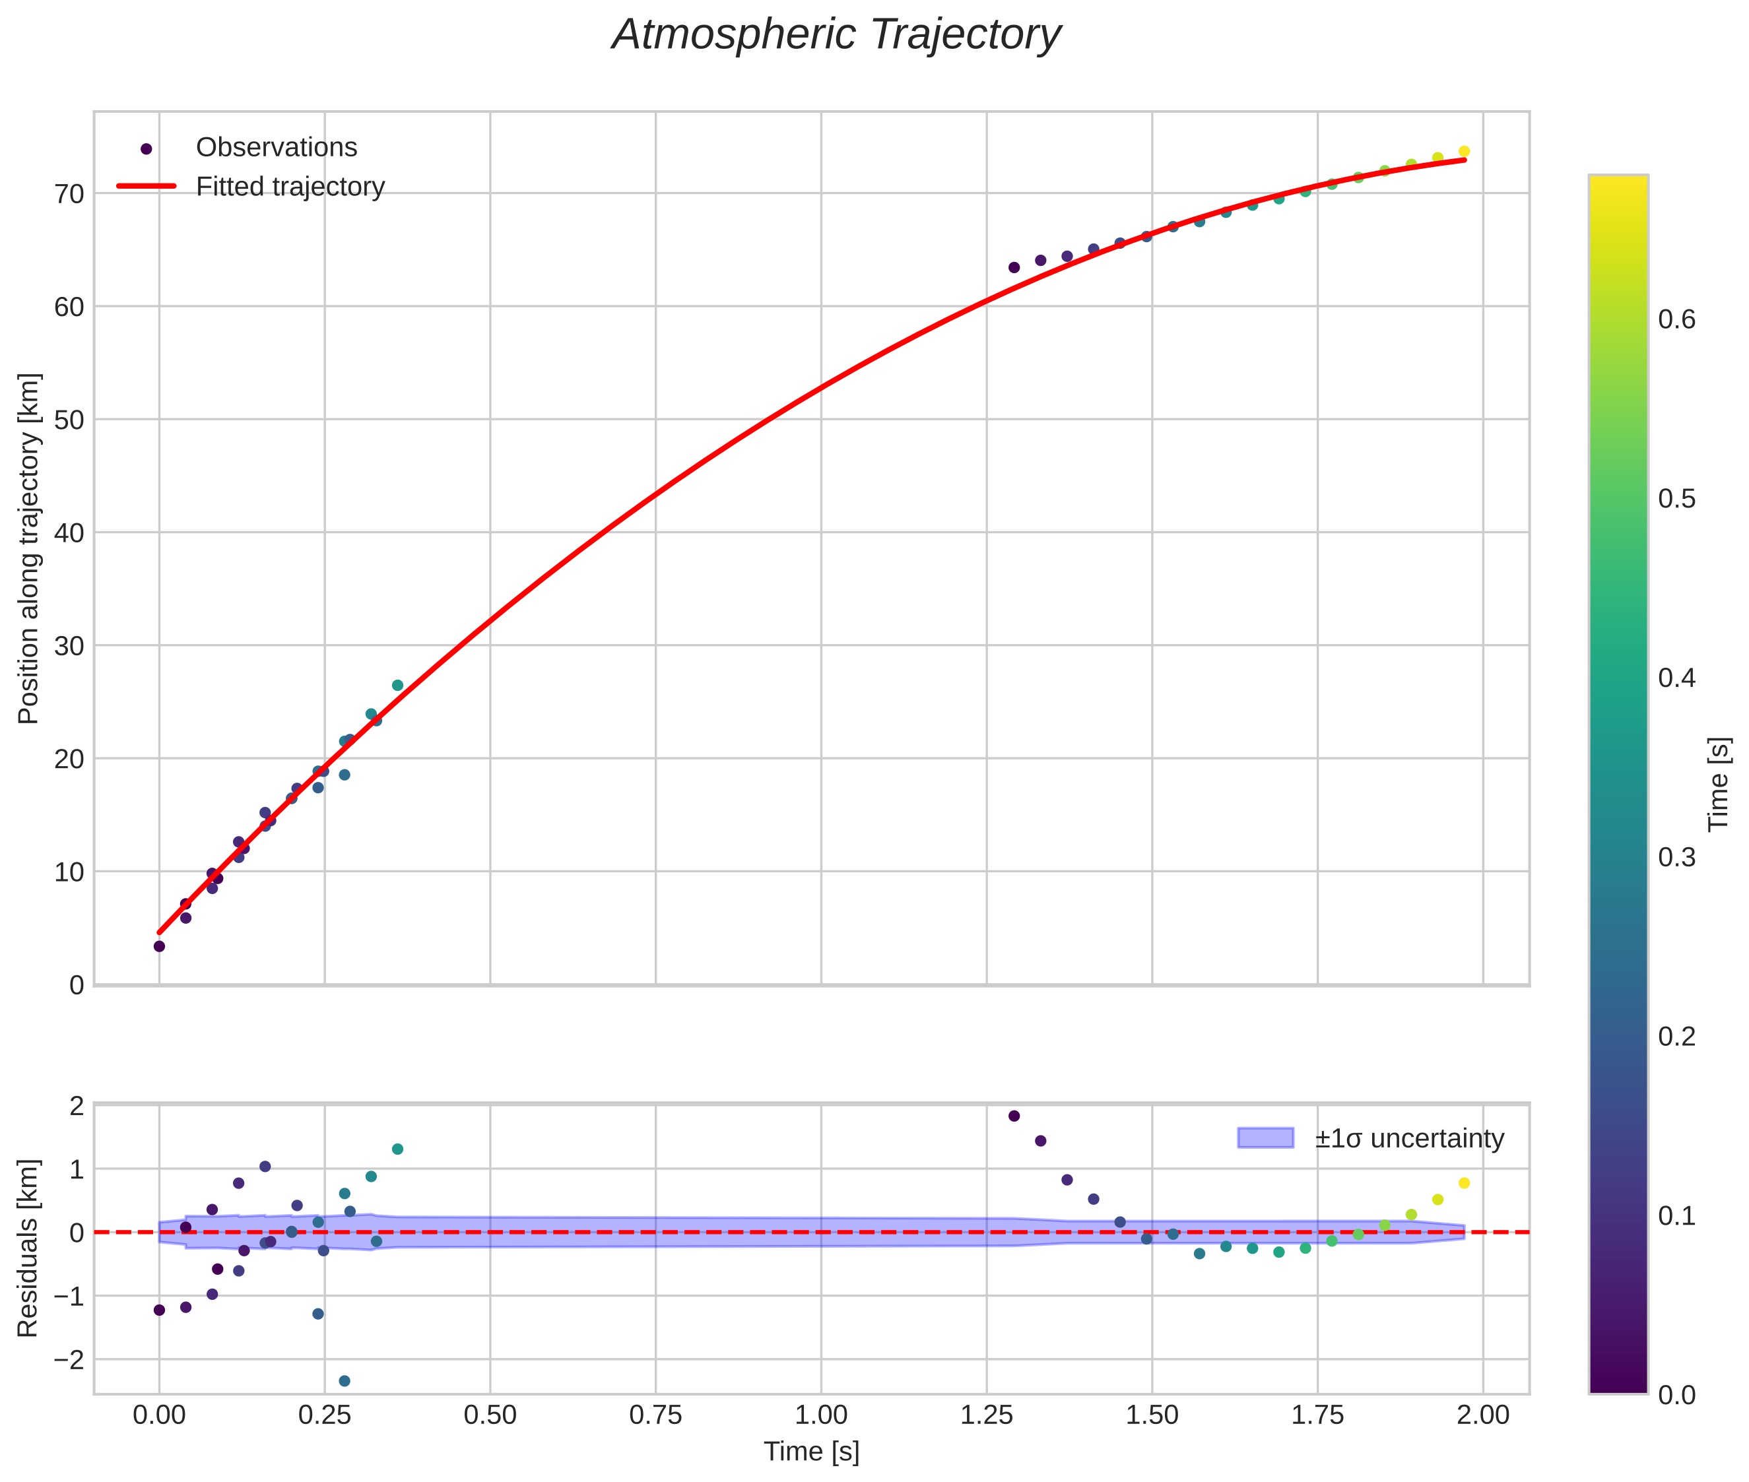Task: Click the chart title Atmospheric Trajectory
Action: pos(836,35)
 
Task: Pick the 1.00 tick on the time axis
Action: pos(821,1415)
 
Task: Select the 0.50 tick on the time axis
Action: pos(490,1415)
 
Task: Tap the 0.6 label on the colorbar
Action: pos(1676,319)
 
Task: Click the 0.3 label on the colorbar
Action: pos(1676,857)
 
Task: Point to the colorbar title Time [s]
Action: pos(1719,784)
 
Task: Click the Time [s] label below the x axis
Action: pos(811,1452)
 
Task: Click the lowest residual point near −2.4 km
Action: pos(345,1381)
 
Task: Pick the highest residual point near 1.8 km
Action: pos(1014,1116)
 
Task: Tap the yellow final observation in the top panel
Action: pos(1464,151)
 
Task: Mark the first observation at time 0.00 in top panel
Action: pos(159,946)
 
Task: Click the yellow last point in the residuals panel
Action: pos(1464,1183)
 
